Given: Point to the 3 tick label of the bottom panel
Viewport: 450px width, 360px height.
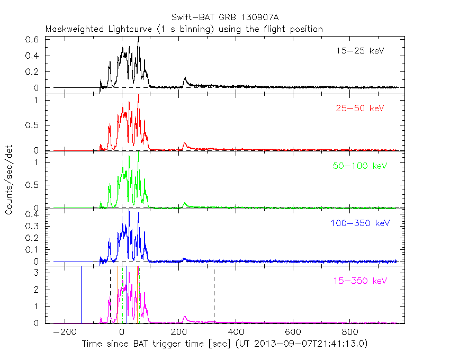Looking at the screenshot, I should (38, 273).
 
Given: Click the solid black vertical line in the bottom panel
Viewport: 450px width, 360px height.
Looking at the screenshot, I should (81, 294).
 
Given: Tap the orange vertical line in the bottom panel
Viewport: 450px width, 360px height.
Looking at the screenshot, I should (118, 294).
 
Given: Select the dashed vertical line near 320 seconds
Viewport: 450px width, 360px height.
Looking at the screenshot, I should (214, 296).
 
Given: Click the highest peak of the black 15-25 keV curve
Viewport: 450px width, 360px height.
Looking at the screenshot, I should (138, 38).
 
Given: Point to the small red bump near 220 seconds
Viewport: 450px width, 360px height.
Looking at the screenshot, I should (184, 143).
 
